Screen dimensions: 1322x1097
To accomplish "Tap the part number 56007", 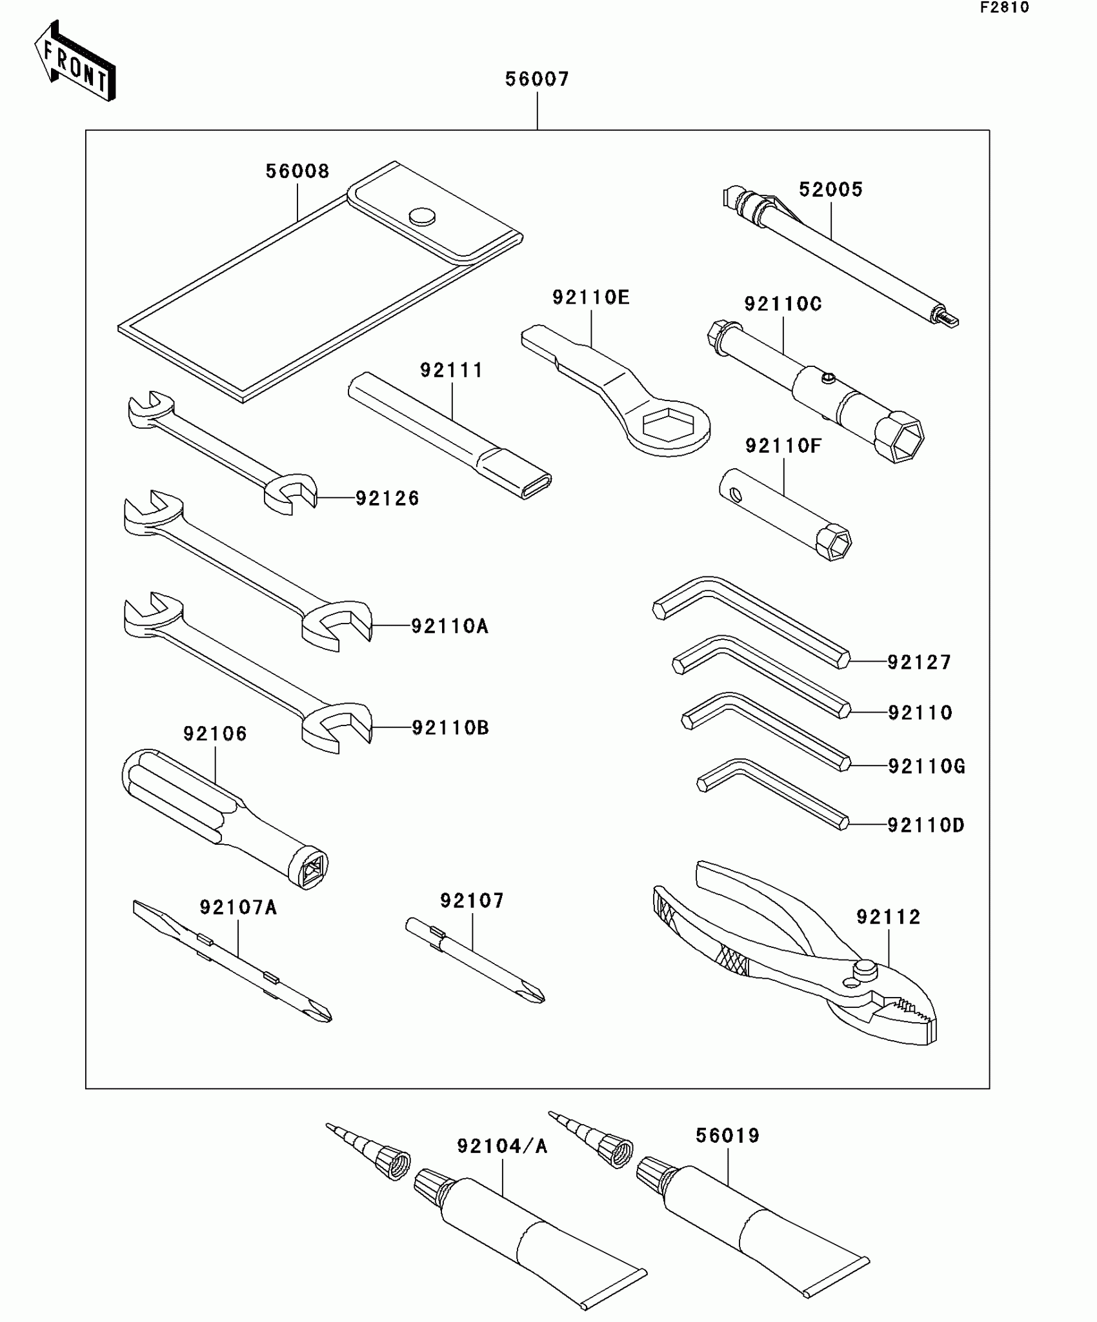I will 537,80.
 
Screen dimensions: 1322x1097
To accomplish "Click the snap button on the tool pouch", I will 422,216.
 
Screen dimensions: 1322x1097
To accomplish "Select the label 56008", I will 297,172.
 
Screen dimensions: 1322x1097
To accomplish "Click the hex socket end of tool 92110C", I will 900,439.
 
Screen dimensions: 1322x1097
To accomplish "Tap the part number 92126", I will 387,498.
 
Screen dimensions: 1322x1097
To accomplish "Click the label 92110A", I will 450,626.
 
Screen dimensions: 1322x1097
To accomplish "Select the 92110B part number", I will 450,728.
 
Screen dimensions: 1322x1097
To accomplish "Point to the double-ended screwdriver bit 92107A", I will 232,962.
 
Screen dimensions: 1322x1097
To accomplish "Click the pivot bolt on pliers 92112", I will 864,969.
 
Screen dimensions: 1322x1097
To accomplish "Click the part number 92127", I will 919,662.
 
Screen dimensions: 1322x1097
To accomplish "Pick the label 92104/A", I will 502,1146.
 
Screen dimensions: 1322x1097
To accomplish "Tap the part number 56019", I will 727,1136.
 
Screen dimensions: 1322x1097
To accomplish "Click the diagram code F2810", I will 1005,8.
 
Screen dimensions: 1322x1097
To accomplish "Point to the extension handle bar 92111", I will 449,435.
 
